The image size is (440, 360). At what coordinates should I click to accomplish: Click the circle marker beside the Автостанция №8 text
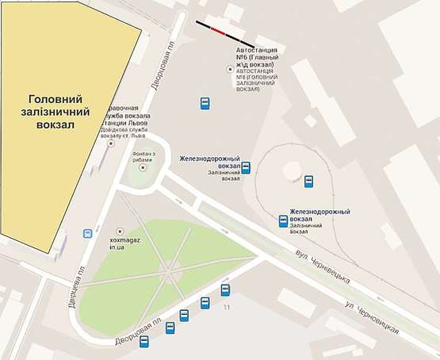coord(231,69)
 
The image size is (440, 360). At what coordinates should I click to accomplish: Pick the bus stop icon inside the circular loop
coord(308,182)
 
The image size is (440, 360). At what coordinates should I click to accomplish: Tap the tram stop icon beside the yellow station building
coord(86,234)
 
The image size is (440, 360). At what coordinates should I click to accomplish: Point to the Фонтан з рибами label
coord(143,156)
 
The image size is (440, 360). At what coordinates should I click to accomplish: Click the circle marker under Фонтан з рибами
coord(143,171)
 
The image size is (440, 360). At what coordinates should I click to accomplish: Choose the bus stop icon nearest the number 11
coord(225,289)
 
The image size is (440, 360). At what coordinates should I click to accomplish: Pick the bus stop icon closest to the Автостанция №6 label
coord(205,103)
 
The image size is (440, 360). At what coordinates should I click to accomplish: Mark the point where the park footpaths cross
coord(169,270)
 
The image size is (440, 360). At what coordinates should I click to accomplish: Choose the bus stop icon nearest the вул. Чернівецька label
coord(283,221)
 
